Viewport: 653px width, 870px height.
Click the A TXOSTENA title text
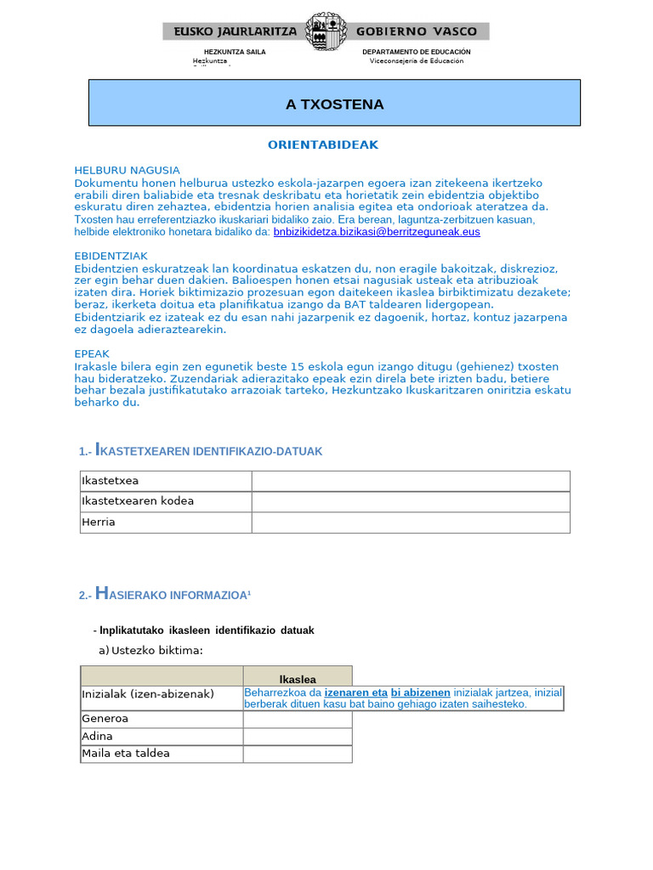[334, 105]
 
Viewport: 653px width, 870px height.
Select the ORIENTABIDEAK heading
[323, 145]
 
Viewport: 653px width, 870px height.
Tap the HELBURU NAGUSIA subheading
[127, 170]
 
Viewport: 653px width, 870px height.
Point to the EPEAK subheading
[92, 353]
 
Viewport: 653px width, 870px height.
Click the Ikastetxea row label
[110, 481]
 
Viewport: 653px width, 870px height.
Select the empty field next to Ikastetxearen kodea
[410, 501]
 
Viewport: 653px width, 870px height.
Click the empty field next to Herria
[410, 523]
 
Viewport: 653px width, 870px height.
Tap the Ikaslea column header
[298, 679]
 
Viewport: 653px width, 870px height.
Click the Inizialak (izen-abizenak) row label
[148, 694]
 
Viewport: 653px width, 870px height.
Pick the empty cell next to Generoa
[298, 719]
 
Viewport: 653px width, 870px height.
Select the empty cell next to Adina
[298, 737]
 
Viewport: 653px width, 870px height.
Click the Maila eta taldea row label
[126, 754]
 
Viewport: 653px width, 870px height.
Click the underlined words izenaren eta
[356, 692]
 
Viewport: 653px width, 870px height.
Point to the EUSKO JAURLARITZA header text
[235, 31]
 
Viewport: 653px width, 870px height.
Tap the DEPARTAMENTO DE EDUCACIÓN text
[416, 52]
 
